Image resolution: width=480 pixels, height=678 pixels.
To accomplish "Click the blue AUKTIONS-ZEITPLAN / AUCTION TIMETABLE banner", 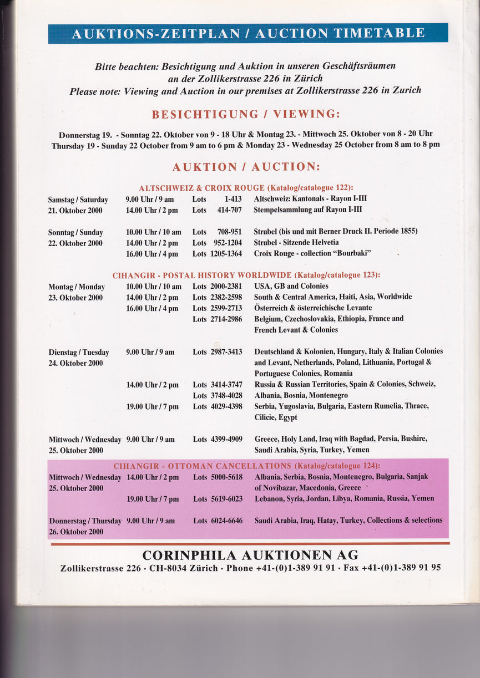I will click(x=247, y=33).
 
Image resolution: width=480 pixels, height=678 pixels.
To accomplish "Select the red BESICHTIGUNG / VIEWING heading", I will click(x=246, y=115).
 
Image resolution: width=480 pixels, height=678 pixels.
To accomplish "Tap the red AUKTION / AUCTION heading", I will click(x=246, y=167).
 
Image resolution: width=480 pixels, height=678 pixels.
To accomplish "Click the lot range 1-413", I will click(x=233, y=199).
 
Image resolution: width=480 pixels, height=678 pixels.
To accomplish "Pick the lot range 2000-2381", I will click(x=226, y=287).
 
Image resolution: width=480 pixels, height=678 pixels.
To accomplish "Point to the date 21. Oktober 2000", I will click(x=75, y=210).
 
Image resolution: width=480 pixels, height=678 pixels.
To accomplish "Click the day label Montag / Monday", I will click(x=76, y=287).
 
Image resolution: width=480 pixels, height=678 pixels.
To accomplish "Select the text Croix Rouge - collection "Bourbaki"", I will click(x=312, y=253).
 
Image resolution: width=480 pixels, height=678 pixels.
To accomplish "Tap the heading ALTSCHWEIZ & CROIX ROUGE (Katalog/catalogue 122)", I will click(x=246, y=188).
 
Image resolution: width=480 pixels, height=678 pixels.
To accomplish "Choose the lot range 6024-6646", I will click(x=226, y=521).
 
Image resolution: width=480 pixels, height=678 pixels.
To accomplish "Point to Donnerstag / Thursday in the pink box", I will click(x=85, y=521).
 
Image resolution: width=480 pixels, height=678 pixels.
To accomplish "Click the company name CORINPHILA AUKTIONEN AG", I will click(x=250, y=555).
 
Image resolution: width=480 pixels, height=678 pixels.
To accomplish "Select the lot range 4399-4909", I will click(x=226, y=439).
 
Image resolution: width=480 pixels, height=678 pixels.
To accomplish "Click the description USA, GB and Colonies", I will click(x=291, y=287).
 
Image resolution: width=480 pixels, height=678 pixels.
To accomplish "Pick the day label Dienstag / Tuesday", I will click(x=78, y=352).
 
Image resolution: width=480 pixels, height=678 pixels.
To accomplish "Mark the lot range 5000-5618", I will click(x=226, y=477).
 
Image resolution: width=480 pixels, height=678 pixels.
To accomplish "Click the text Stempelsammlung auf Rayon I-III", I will click(x=307, y=210).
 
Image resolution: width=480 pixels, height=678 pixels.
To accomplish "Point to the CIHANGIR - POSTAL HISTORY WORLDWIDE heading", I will click(x=246, y=275).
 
